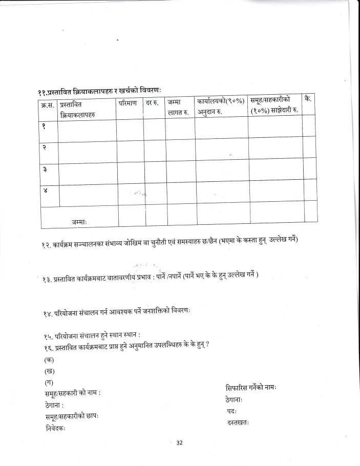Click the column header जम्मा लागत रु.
[x=178, y=108]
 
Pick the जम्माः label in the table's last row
[x=79, y=221]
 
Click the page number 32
[x=179, y=443]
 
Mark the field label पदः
[x=232, y=411]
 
